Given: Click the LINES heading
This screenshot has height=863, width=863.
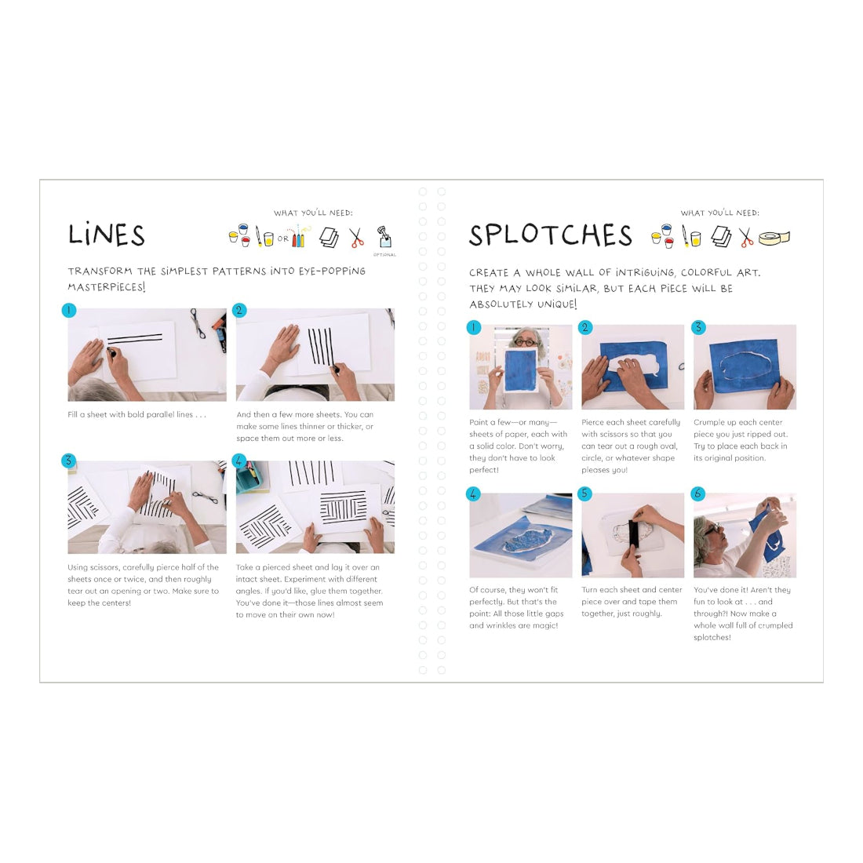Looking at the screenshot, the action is [x=106, y=235].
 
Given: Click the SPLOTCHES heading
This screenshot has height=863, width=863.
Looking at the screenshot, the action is [x=551, y=235].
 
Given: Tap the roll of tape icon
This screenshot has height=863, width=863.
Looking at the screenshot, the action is [x=774, y=238].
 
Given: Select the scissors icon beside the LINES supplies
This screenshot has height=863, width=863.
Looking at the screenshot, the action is [x=357, y=238].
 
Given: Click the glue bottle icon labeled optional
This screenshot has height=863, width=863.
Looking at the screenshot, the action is [x=384, y=237].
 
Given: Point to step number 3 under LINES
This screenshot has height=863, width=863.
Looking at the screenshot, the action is [x=68, y=461].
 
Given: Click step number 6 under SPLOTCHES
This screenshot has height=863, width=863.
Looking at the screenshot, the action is [x=698, y=493].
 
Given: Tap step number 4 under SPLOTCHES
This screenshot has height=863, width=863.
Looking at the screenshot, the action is [x=473, y=493].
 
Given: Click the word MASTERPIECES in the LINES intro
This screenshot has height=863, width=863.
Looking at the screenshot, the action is [x=107, y=286].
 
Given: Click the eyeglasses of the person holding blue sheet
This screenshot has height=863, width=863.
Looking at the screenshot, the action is [x=526, y=342].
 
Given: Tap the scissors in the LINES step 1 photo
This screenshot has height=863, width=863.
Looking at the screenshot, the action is [x=197, y=323].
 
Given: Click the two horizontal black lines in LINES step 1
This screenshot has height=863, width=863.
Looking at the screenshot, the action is [x=135, y=338].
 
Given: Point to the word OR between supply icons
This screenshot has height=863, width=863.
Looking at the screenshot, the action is [x=283, y=239].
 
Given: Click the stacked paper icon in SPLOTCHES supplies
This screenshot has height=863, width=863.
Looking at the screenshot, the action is [x=721, y=237].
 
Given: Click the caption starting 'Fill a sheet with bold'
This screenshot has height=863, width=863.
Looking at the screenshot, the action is [x=137, y=414].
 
